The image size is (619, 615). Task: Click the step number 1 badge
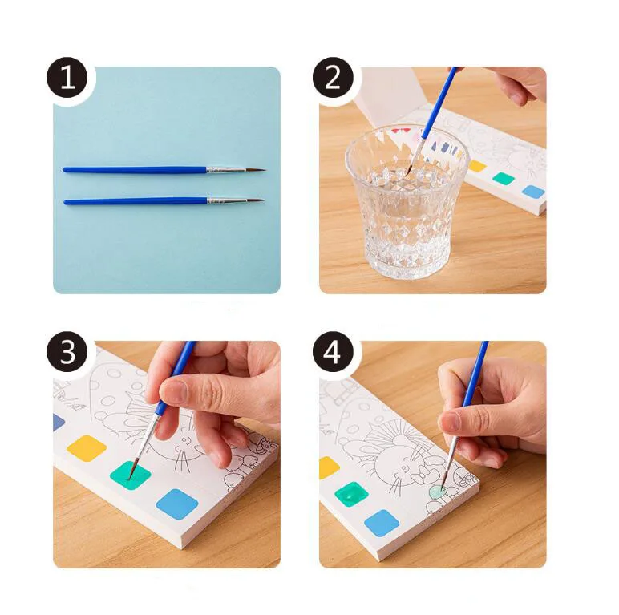click(67, 77)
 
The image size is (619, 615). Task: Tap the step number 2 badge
click(333, 77)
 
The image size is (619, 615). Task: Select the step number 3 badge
click(67, 352)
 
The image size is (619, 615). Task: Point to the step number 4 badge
click(333, 352)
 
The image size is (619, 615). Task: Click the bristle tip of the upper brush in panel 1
click(265, 170)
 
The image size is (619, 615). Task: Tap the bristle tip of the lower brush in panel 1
click(262, 200)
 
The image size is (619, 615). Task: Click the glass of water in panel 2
click(406, 201)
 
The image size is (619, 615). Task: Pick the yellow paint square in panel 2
click(477, 166)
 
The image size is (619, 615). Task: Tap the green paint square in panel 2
click(504, 179)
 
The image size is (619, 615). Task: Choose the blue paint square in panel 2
click(533, 192)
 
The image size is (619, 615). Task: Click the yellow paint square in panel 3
click(87, 448)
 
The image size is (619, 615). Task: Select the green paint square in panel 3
click(130, 475)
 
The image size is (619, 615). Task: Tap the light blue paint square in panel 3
click(177, 504)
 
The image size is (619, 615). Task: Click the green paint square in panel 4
click(351, 494)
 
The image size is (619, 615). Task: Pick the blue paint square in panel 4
click(382, 523)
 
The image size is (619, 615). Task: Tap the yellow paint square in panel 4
click(329, 467)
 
